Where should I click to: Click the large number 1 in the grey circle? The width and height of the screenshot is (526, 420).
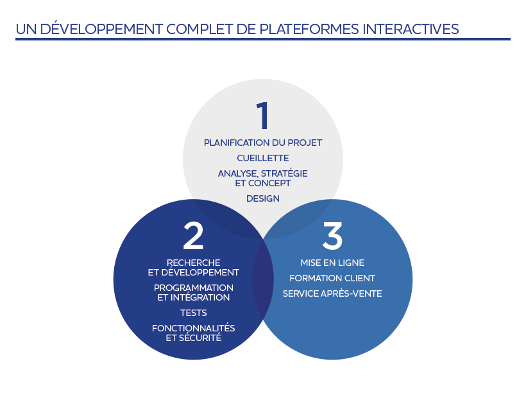point(262,116)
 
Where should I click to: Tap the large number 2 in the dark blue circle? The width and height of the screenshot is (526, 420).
point(193,236)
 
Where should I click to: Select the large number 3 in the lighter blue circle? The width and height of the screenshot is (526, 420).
point(332,236)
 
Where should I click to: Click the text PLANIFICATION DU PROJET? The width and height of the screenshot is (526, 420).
point(263,143)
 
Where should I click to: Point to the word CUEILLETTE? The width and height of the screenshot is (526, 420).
point(263,158)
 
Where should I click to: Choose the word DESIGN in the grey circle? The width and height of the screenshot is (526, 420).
point(263,198)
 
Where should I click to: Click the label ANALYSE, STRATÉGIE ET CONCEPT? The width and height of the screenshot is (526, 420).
point(263,178)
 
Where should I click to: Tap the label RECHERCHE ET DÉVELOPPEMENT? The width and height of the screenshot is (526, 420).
point(193,267)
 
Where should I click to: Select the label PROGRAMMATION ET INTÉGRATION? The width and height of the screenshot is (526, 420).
point(193,292)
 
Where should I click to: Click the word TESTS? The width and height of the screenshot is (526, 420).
point(193,313)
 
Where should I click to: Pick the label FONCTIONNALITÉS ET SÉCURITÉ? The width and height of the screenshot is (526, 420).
point(193,333)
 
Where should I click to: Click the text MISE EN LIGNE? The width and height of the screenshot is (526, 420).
point(332,263)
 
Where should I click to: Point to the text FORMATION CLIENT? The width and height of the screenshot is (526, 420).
point(332,278)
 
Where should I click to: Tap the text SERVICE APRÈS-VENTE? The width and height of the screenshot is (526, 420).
point(332,293)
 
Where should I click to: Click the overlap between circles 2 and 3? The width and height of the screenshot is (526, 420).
point(263,283)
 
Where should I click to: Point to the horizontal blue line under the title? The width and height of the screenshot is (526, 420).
point(263,39)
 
